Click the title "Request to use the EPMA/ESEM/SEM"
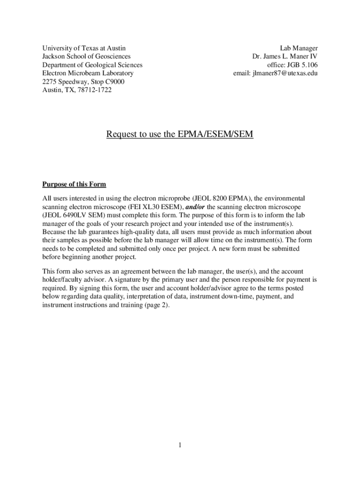click(180, 135)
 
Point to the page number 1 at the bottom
click(180, 445)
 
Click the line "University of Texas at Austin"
click(84, 48)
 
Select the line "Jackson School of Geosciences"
click(86, 57)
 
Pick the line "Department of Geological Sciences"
click(93, 65)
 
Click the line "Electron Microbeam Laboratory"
click(88, 73)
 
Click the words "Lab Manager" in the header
click(299, 48)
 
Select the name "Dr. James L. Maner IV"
click(285, 57)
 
